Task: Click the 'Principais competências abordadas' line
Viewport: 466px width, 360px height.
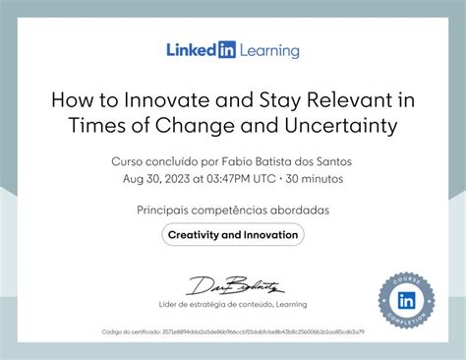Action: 232,210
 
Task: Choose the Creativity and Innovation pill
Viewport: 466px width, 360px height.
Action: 232,235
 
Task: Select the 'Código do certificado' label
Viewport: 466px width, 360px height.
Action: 131,332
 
